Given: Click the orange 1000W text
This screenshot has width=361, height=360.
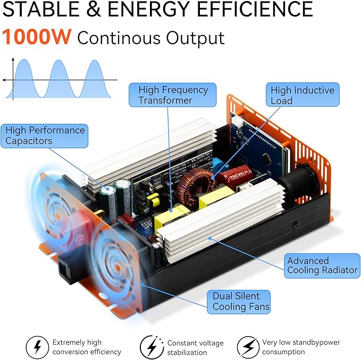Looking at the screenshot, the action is (37, 37).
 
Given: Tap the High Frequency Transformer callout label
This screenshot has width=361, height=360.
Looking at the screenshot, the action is (172, 95).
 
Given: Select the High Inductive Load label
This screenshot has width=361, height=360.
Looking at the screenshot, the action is (303, 95).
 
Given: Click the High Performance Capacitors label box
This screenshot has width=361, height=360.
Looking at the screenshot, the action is (45, 135).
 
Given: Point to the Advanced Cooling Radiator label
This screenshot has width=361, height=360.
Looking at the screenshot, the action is (322, 265).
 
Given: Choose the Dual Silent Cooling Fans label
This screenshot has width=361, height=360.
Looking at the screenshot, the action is (239, 302).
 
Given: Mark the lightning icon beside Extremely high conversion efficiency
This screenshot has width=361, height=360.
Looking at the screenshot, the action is (37, 347).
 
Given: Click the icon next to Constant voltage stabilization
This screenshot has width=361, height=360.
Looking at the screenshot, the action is (152, 347).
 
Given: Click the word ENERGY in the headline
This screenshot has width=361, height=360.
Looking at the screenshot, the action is (149, 9).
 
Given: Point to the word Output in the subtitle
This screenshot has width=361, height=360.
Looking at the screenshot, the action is (195, 38).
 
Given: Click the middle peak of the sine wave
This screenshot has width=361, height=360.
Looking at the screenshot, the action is (59, 60).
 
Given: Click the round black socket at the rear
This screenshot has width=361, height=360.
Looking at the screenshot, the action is (299, 179).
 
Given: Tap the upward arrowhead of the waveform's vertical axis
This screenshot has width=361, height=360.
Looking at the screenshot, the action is (13, 59).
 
